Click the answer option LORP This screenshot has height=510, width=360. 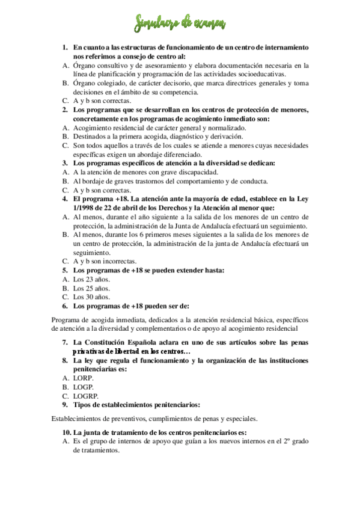[84, 378]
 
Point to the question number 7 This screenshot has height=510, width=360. [65, 342]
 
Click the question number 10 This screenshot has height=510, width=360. [66, 432]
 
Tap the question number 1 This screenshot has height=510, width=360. [65, 47]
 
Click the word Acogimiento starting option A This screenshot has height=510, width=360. [96, 128]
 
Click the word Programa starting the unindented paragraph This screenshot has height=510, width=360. [67, 320]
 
